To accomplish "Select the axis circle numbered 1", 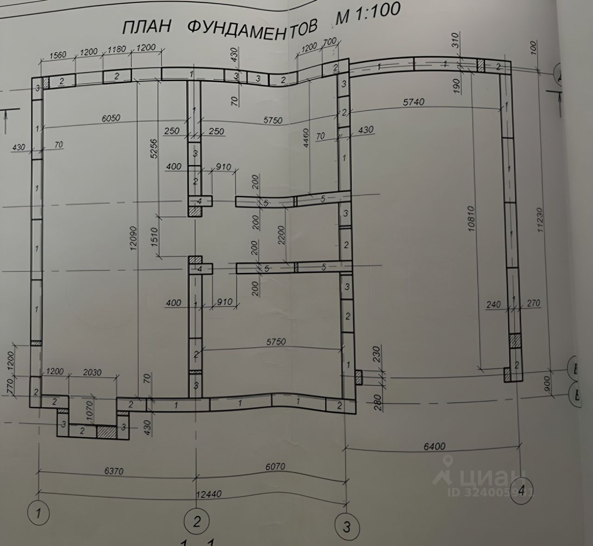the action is click(39, 513).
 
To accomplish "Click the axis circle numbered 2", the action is click(197, 522).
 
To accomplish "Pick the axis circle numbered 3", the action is click(347, 526).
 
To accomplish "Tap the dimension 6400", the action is click(434, 446).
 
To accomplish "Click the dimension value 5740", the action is click(413, 102).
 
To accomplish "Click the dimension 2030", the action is click(92, 372).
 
